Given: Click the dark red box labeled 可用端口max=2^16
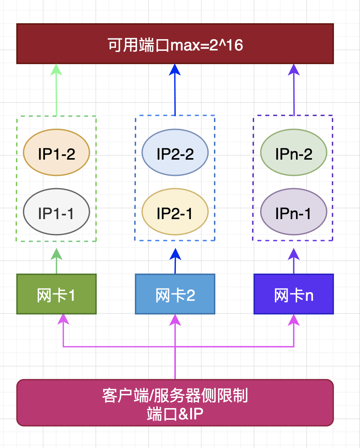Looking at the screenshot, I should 175,44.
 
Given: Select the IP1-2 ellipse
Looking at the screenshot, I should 56,152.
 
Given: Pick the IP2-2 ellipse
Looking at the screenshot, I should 175,152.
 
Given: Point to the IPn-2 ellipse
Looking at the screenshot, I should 294,152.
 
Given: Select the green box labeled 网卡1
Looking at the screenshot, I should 56,294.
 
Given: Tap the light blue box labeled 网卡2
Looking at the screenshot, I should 175,294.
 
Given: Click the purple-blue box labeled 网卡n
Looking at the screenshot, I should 294,294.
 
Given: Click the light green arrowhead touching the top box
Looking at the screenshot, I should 56,69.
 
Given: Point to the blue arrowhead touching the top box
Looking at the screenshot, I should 175,69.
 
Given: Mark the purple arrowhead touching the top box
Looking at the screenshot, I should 294,69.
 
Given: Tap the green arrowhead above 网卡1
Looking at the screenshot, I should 56,254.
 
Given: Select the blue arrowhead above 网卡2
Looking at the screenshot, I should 175,254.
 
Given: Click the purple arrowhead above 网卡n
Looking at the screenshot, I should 294,254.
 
